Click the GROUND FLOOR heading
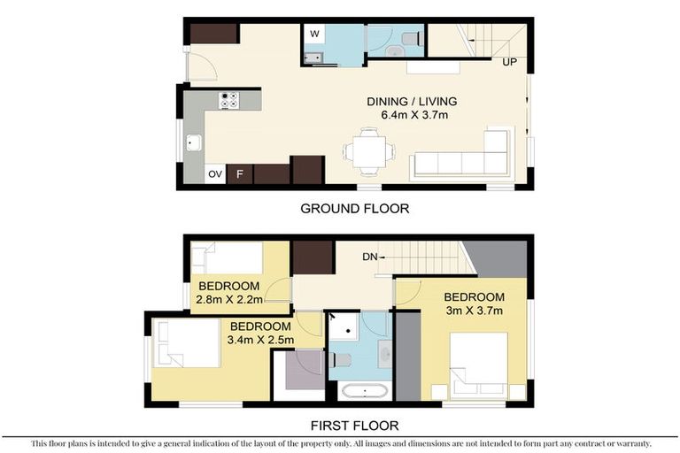[354, 209]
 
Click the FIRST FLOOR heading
[355, 426]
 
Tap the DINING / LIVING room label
[412, 101]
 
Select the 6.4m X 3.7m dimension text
[412, 114]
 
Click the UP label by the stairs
[510, 62]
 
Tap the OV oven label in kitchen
[215, 174]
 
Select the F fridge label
[239, 174]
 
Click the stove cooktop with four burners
[228, 101]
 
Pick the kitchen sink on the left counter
[194, 142]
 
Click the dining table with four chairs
[369, 151]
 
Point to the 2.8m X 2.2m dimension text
[228, 300]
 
